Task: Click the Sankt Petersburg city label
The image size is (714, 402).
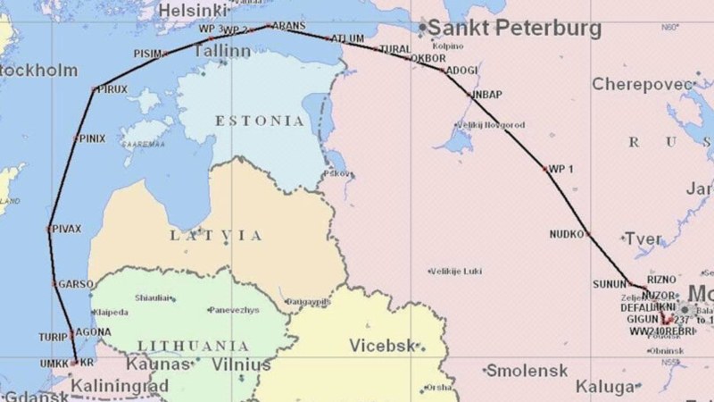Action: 515,29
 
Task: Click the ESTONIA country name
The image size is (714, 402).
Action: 259,121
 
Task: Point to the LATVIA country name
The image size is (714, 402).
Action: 217,236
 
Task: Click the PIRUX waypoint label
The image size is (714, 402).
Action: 112,89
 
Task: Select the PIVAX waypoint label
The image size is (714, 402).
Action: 67,229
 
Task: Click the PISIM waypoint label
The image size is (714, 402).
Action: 147,54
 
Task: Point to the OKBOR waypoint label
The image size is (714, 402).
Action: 428,58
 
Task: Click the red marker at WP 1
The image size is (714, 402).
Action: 544,168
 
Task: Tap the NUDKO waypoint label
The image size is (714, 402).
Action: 567,234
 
